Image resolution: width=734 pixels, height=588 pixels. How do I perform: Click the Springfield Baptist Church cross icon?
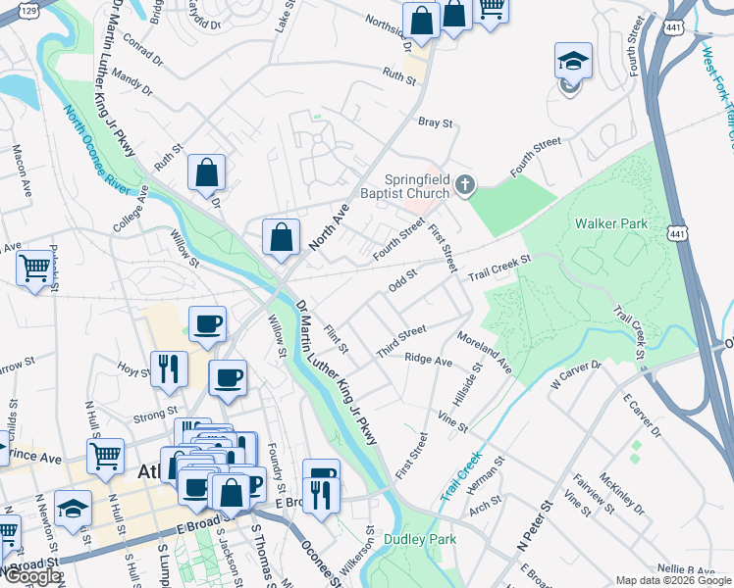(x=467, y=184)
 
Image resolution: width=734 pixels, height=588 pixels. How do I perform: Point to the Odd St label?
(x=403, y=282)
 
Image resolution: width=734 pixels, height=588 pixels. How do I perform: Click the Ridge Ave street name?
(x=428, y=361)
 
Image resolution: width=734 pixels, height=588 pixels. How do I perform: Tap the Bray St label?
(x=435, y=123)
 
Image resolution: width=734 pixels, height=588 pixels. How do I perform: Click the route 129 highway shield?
(x=29, y=9)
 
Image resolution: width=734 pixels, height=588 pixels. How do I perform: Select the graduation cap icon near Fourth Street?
(x=573, y=61)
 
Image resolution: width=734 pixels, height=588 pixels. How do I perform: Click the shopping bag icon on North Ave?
(x=281, y=238)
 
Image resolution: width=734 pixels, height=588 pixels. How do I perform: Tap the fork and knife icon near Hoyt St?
(x=170, y=368)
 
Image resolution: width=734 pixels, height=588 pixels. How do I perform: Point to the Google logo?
(x=31, y=576)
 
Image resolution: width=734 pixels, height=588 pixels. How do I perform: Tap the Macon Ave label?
(x=19, y=164)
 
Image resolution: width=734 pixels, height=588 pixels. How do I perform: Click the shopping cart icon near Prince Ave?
(x=105, y=454)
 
